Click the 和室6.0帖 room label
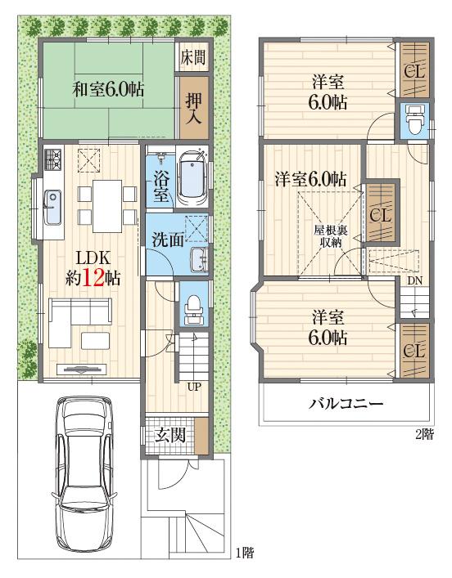pyautogui.click(x=108, y=89)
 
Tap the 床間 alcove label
pyautogui.click(x=194, y=58)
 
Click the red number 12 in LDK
pyautogui.click(x=93, y=277)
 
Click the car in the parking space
pyautogui.click(x=84, y=471)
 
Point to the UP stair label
pyautogui.click(x=197, y=386)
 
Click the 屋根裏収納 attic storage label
pyautogui.click(x=330, y=236)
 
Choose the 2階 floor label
pyautogui.click(x=423, y=435)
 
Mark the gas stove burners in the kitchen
pyautogui.click(x=54, y=159)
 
